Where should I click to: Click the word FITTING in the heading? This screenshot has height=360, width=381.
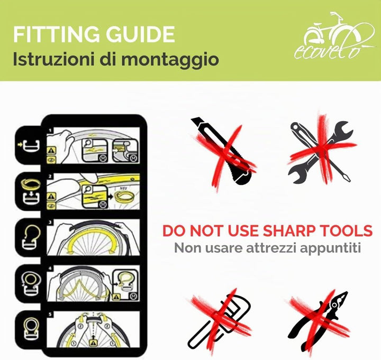tap(57, 34)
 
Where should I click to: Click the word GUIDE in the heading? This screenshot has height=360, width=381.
tap(140, 34)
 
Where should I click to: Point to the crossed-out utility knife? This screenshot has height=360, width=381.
tap(224, 151)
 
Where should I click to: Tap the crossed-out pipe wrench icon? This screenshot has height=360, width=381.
tap(219, 321)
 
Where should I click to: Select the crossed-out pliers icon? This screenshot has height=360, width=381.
tap(319, 321)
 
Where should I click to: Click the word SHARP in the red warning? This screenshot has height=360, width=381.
tap(289, 231)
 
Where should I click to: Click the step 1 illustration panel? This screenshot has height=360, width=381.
tap(93, 145)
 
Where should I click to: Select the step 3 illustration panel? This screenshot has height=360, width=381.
tap(93, 237)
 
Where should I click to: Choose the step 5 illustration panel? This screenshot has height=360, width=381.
tap(93, 329)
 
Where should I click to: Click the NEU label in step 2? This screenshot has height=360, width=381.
tap(123, 188)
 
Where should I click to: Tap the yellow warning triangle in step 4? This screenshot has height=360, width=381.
tap(116, 297)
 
